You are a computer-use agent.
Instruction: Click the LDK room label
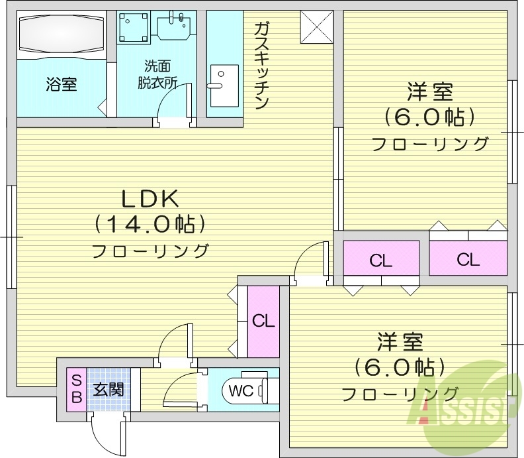click(149, 198)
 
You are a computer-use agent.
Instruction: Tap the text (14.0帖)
click(149, 225)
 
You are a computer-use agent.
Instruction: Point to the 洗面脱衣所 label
click(157, 74)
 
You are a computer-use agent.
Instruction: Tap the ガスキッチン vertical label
click(261, 65)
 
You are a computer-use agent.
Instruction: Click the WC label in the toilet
click(241, 390)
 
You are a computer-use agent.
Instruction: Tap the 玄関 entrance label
click(107, 389)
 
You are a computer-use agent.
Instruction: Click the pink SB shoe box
click(76, 389)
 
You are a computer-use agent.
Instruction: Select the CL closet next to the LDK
click(263, 321)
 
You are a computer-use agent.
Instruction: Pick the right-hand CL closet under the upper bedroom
click(468, 259)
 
